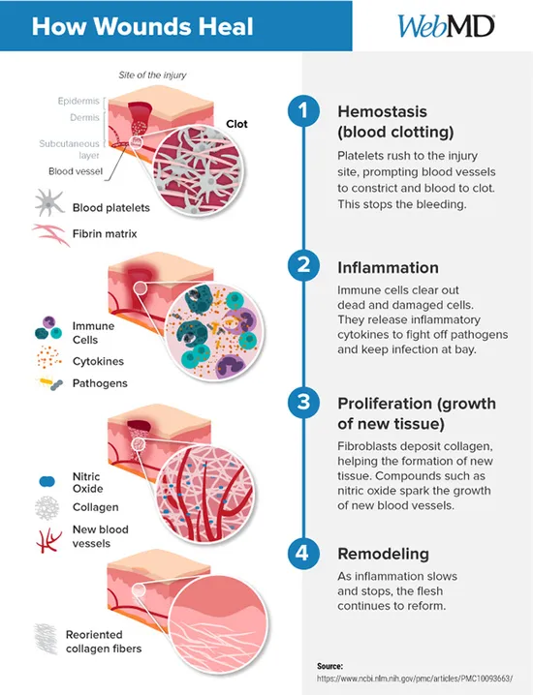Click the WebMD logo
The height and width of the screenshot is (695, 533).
[446, 26]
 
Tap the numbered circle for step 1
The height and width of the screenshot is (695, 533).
[303, 110]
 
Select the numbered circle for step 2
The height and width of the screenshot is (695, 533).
[303, 265]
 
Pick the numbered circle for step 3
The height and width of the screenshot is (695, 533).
[303, 402]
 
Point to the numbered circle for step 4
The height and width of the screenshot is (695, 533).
[303, 553]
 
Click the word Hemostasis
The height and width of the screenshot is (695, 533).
[382, 111]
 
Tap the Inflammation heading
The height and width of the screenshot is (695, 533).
[388, 267]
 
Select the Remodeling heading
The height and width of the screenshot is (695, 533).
[383, 554]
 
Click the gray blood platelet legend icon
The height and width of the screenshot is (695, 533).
[49, 203]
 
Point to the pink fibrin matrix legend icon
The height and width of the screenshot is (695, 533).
[51, 234]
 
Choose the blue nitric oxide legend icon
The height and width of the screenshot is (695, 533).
[47, 481]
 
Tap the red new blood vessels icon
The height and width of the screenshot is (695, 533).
[48, 541]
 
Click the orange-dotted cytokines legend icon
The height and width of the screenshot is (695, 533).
[48, 357]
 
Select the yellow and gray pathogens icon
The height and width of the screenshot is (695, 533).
[50, 383]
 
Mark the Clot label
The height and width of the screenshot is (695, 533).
[236, 124]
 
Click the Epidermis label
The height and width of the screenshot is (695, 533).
[78, 101]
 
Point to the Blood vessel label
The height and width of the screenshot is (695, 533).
[76, 171]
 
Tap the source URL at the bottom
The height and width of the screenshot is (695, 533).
[415, 678]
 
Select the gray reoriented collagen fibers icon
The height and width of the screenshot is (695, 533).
[47, 639]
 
